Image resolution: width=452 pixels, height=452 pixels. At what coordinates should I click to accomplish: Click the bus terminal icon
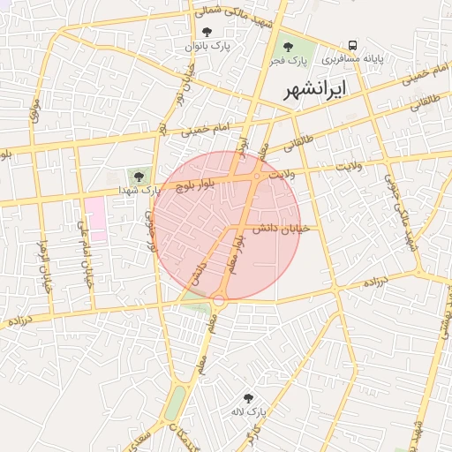point(353,45)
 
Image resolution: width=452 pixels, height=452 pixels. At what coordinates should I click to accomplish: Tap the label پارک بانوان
point(207,45)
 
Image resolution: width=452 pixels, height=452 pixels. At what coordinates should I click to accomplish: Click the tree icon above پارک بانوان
point(207,32)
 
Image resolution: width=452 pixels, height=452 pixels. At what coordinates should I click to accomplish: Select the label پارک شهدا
point(141,190)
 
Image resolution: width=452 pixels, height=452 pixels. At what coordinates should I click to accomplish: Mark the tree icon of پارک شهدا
point(137,176)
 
